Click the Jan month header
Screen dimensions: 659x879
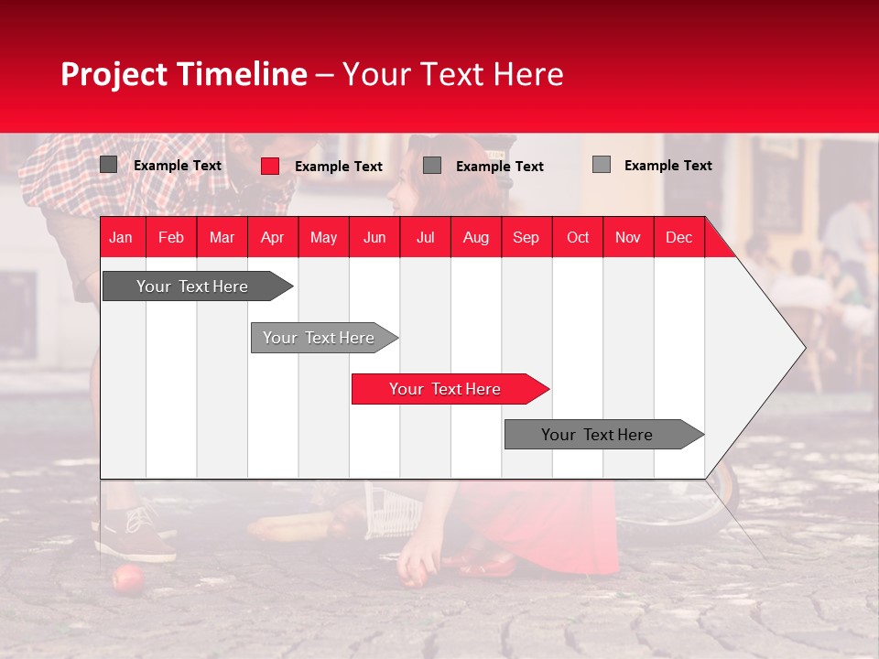(121, 237)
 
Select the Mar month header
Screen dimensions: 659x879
(222, 237)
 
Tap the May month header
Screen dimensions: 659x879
(323, 237)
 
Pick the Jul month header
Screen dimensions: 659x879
(425, 237)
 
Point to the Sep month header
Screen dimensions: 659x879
(526, 237)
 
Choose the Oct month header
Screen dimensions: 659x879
(578, 237)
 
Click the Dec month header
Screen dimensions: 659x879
(678, 237)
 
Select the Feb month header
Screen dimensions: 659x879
(171, 237)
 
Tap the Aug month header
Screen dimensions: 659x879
(475, 237)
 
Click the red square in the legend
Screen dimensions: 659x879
(270, 166)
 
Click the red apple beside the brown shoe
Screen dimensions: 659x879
(127, 578)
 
